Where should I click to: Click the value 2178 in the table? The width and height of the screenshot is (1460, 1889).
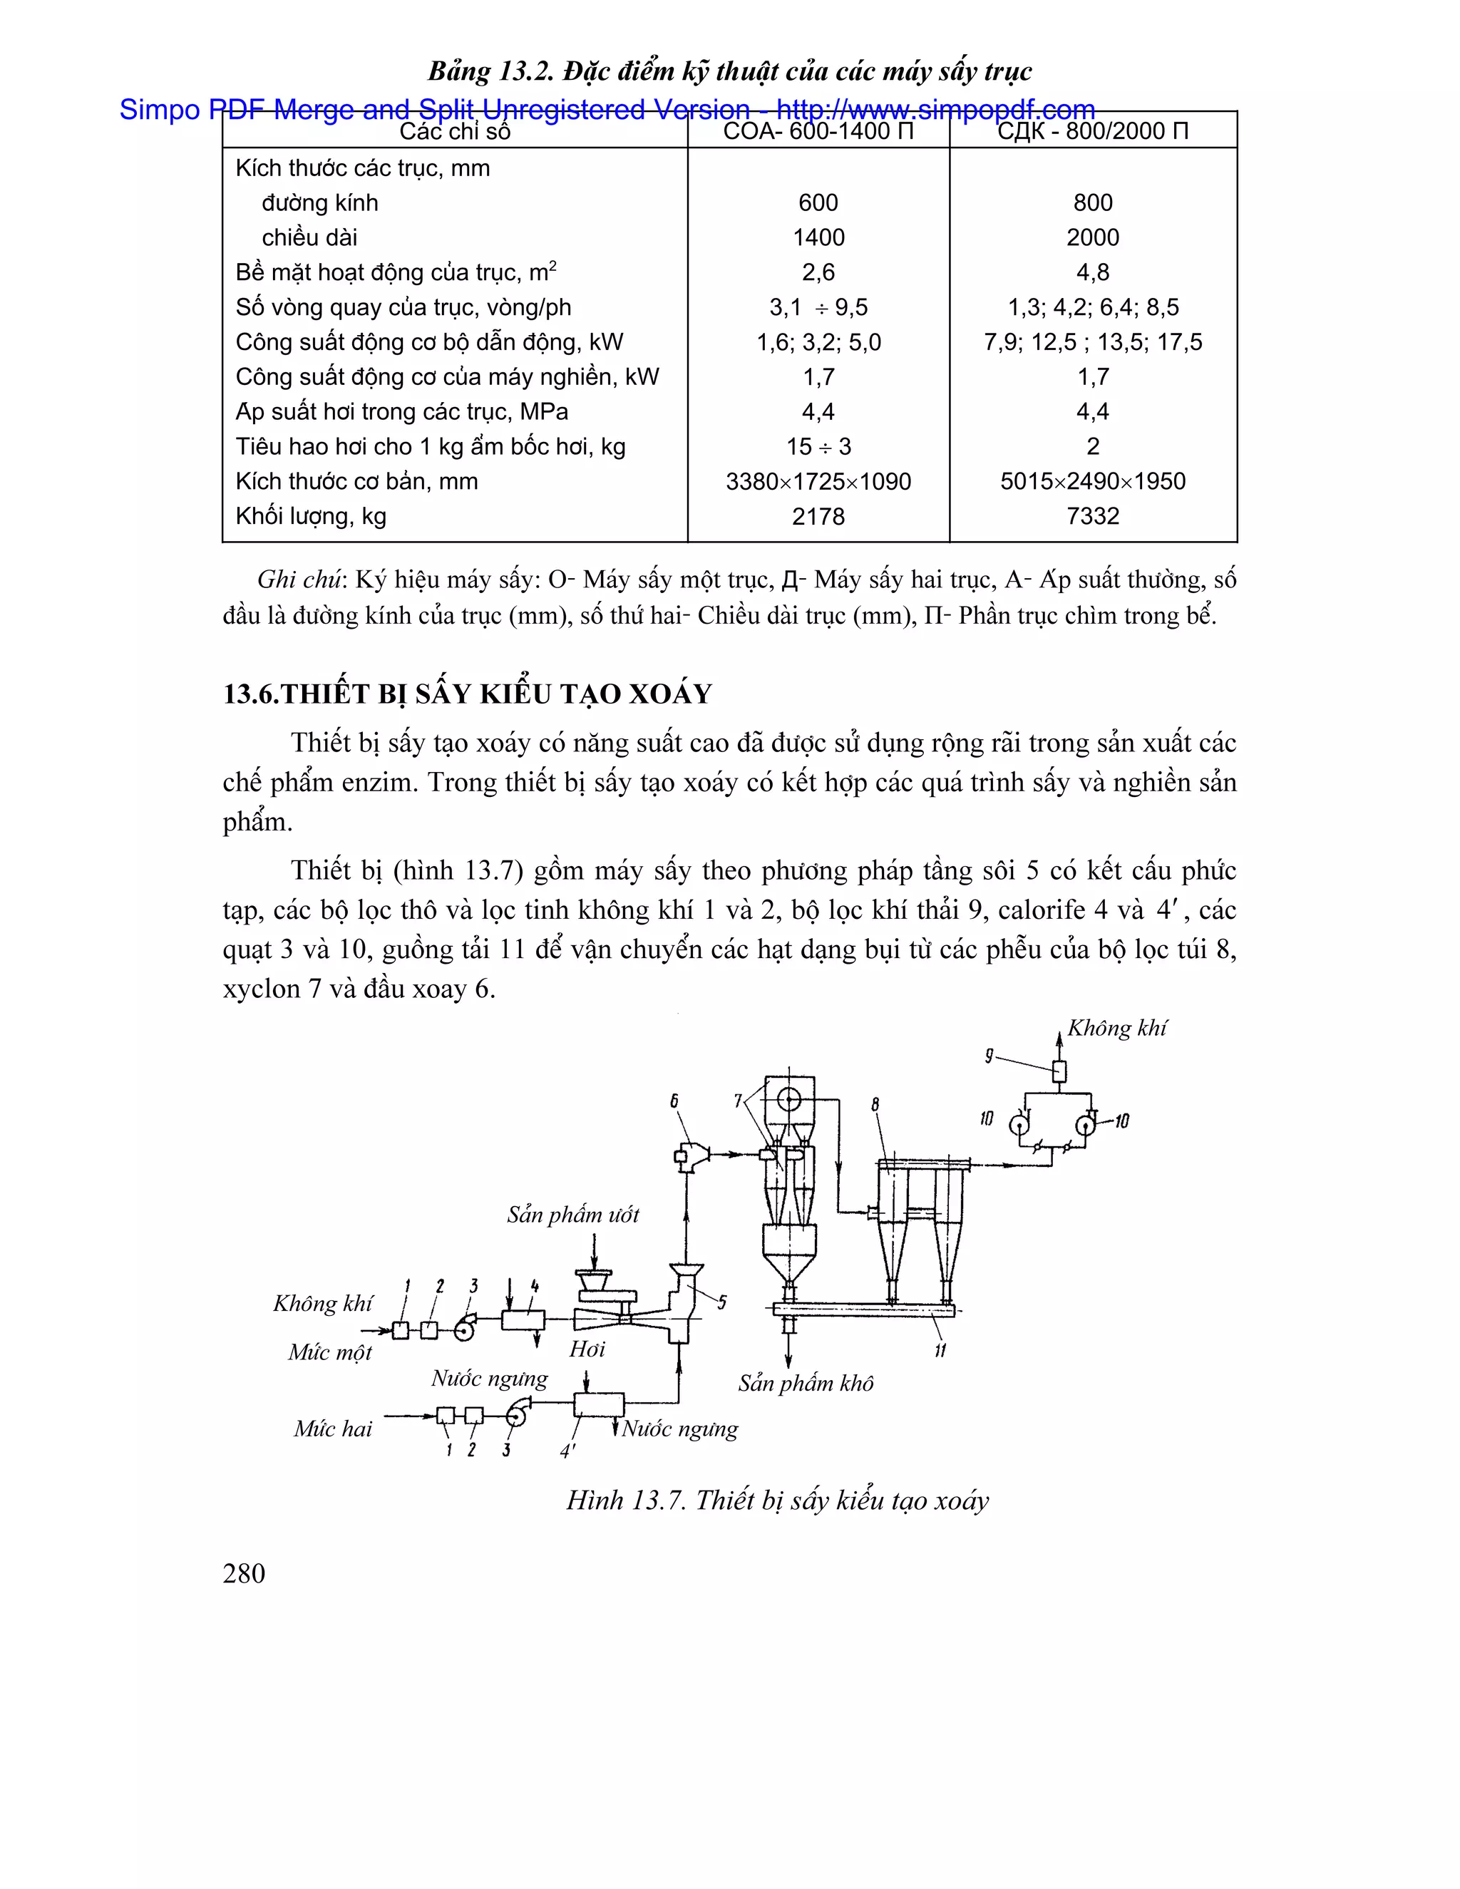[818, 516]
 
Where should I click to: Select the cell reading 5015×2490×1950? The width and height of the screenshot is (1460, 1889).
[1092, 482]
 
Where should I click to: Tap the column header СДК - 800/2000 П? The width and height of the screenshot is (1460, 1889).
[1092, 131]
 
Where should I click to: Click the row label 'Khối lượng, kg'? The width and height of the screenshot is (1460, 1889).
[311, 516]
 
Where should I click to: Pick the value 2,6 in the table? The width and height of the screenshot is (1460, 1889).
[818, 272]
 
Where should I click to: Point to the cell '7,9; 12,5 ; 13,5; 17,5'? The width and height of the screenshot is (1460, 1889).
[1092, 342]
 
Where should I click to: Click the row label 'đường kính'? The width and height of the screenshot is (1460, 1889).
[320, 203]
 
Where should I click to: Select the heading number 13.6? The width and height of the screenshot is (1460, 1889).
[252, 694]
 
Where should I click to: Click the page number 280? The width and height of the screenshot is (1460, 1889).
[244, 1573]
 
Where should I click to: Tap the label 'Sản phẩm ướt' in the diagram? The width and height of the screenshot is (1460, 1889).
[572, 1215]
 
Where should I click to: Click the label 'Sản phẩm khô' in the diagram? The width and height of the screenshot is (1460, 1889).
[806, 1383]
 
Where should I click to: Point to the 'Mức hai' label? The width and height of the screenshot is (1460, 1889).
[332, 1429]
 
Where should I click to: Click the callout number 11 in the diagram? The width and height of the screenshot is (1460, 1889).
[940, 1350]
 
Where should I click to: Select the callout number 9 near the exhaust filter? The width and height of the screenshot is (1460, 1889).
[989, 1056]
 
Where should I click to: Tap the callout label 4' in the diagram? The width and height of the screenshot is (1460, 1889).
[567, 1451]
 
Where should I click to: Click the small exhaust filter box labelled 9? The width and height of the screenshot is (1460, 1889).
[1059, 1071]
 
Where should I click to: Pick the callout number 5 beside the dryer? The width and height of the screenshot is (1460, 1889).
[721, 1302]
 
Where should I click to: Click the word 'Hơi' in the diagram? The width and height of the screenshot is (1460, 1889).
[587, 1349]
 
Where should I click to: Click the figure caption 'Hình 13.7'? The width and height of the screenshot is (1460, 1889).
[626, 1501]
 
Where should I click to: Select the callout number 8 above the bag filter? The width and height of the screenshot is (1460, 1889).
[875, 1103]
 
